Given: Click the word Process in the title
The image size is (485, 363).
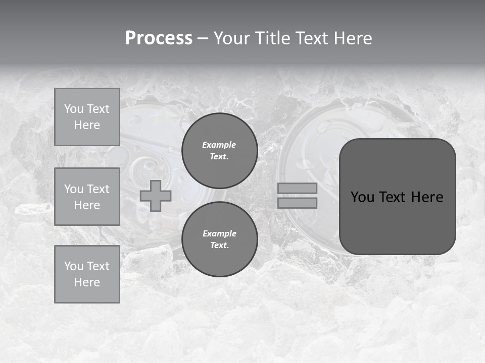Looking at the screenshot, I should click(159, 38).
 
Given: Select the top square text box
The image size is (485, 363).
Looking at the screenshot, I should click(87, 117).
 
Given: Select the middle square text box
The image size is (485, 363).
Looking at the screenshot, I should click(87, 197).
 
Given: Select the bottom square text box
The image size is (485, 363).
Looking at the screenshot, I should click(87, 274).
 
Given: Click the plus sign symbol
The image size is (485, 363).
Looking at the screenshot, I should click(156, 196).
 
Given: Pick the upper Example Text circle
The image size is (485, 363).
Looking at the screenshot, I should click(219, 151).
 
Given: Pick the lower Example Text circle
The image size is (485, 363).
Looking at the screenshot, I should click(219, 239).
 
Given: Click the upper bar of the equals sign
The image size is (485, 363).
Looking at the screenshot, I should click(297, 188).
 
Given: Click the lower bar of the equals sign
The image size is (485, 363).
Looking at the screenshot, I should click(297, 203).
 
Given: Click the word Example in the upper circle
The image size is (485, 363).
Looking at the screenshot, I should click(219, 145).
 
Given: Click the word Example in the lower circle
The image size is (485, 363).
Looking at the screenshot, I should click(219, 233).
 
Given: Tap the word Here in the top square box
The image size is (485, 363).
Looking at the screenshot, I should click(87, 125).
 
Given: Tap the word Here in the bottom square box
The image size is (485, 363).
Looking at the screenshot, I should click(87, 282).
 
